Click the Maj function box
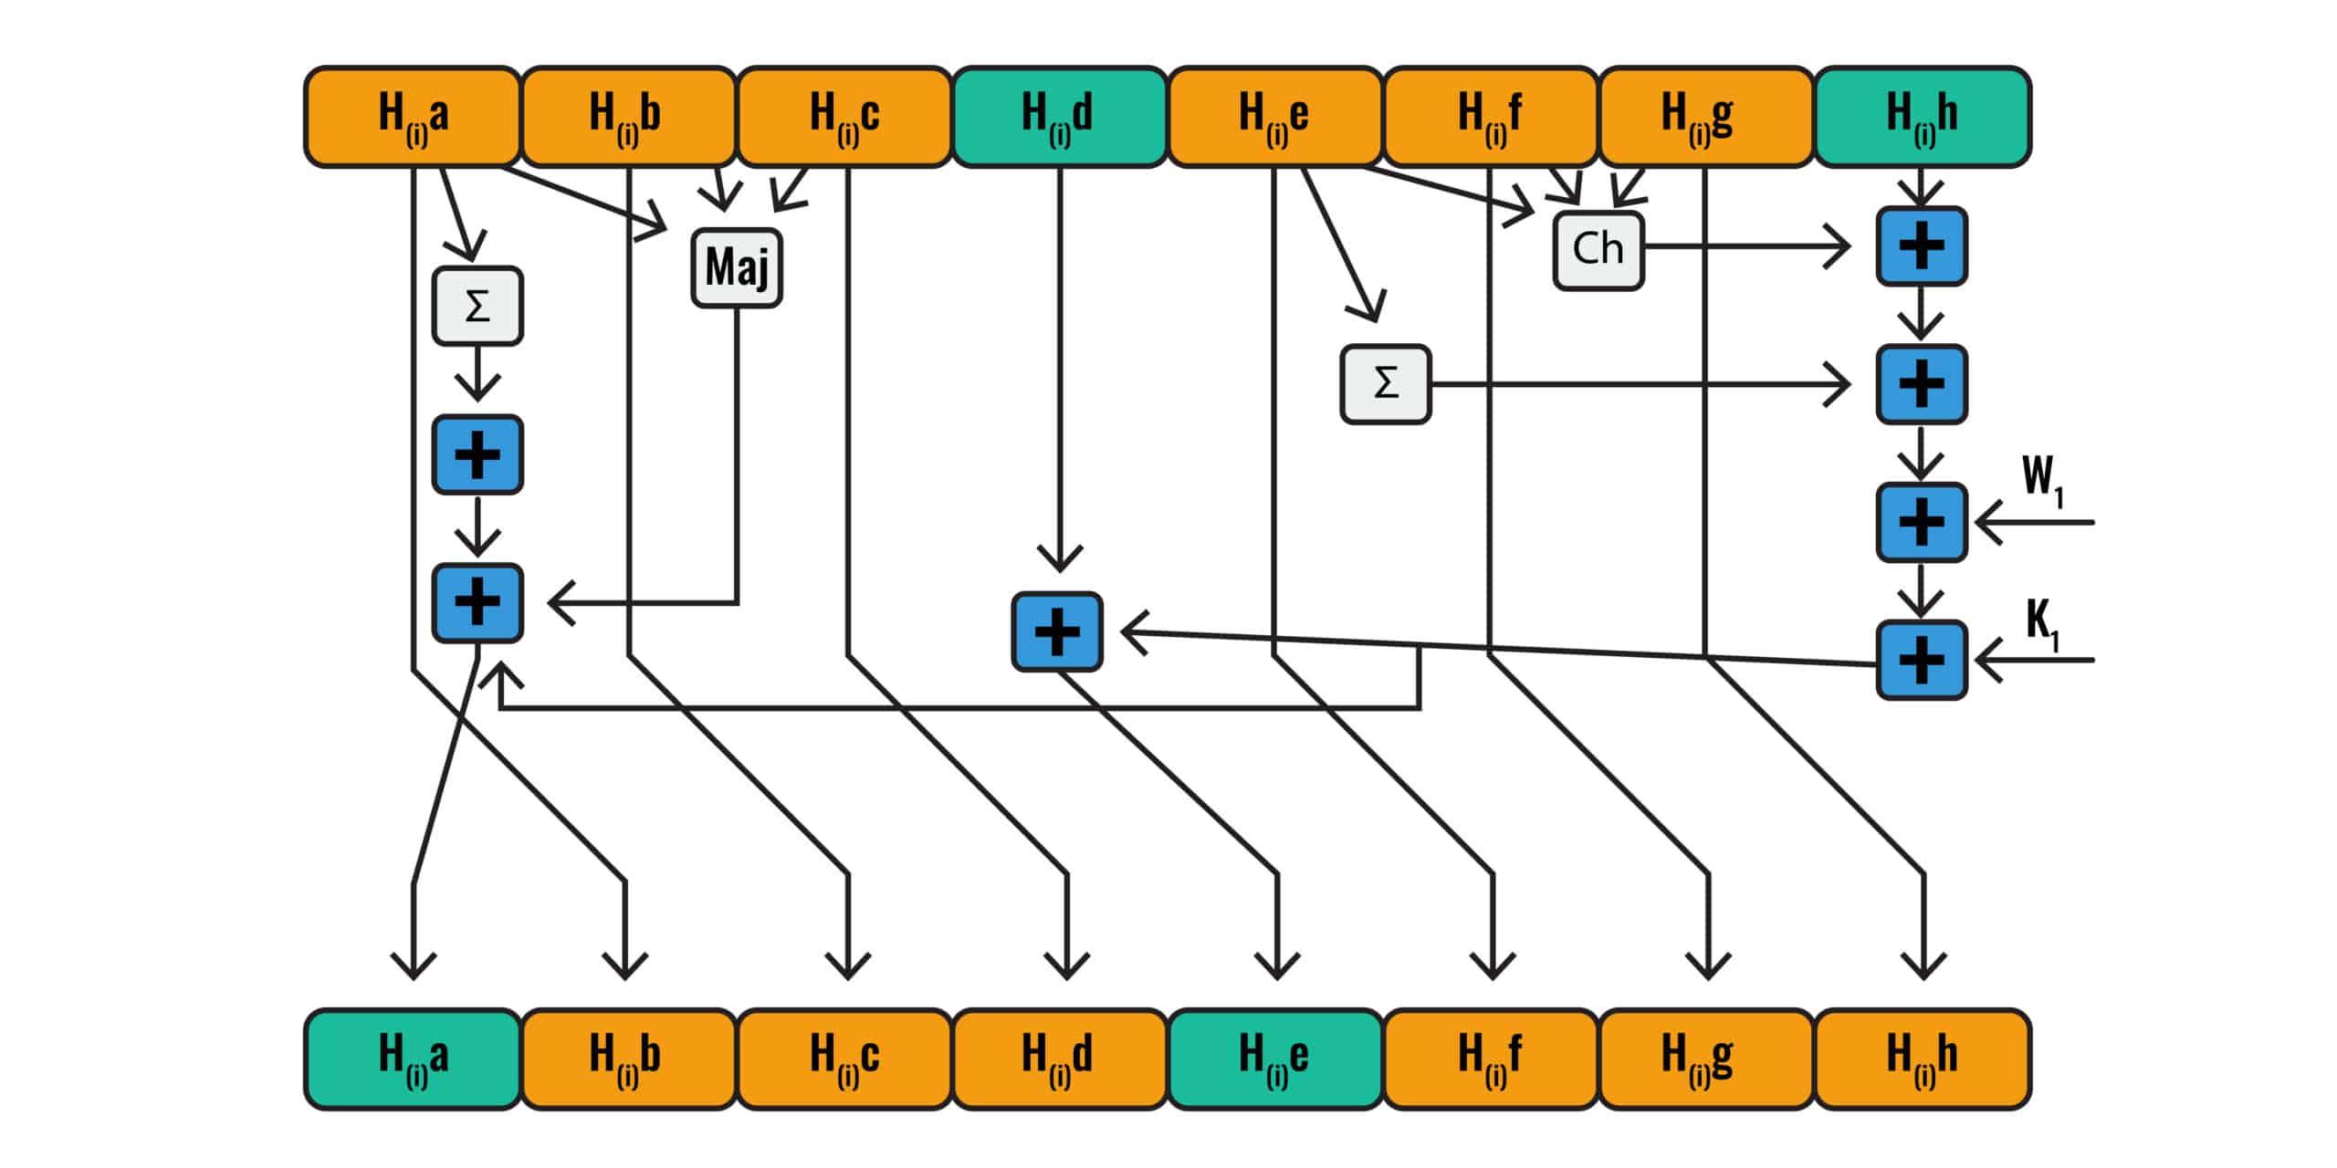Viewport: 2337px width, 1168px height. tap(737, 267)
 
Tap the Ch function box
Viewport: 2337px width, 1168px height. tap(1598, 250)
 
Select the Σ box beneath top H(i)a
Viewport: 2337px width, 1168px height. tap(477, 306)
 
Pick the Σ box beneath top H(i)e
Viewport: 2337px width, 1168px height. tap(1386, 384)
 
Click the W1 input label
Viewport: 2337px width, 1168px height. tap(2043, 479)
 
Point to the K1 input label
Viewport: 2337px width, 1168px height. tap(2043, 625)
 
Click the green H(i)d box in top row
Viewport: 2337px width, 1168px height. tap(1060, 117)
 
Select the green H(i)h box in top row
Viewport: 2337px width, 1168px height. tap(1923, 117)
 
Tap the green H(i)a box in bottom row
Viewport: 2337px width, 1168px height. tap(413, 1059)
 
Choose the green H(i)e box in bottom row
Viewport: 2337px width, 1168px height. tap(1275, 1059)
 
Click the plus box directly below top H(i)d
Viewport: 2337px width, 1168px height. tap(1057, 631)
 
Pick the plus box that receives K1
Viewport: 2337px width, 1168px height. tap(1922, 660)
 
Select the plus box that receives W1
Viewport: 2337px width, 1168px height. tap(1922, 522)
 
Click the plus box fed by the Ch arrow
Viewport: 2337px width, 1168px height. tap(1922, 246)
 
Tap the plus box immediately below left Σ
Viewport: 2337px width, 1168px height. tap(477, 454)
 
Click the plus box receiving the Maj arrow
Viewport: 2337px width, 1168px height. tap(477, 603)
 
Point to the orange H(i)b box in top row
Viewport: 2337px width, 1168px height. tap(628, 117)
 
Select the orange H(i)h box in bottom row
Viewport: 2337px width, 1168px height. tap(1923, 1059)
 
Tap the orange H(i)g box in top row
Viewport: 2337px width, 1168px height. tap(1706, 117)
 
